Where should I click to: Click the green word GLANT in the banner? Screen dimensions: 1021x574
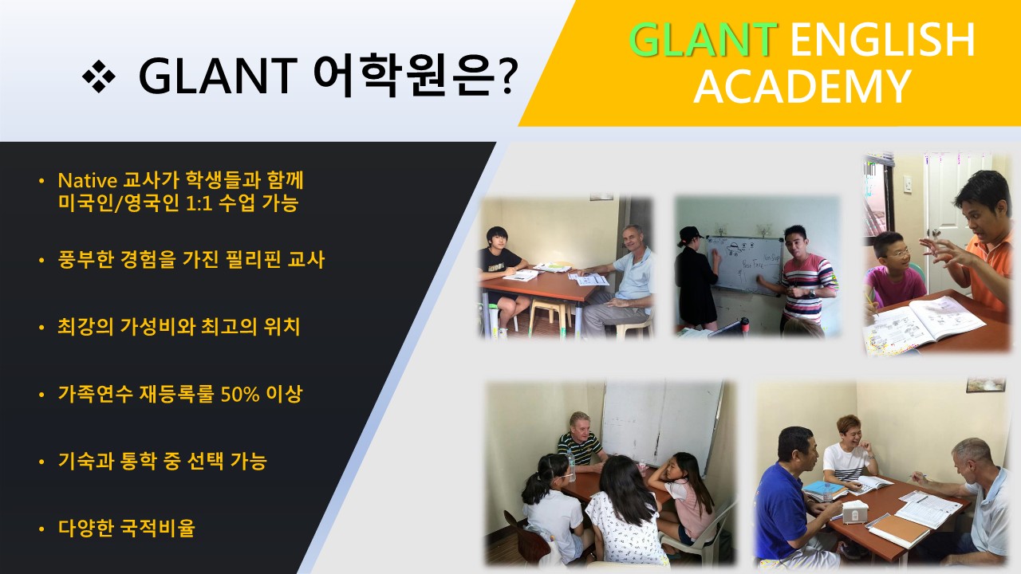coord(703,40)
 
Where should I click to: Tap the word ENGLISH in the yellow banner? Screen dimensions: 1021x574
coord(882,40)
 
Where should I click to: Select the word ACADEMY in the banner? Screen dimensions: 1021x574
coord(802,87)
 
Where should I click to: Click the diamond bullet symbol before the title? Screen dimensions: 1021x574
coord(98,76)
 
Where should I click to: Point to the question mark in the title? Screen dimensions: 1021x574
coord(507,77)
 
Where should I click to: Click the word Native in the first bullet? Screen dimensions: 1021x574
coord(88,181)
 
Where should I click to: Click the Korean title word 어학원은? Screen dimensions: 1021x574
coord(404,75)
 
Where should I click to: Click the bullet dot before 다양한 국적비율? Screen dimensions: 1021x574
coord(41,529)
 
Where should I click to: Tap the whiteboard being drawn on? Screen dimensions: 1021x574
coord(744,264)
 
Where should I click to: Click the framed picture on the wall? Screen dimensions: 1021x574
coord(985,384)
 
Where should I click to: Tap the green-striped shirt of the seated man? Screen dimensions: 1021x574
coord(579,448)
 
